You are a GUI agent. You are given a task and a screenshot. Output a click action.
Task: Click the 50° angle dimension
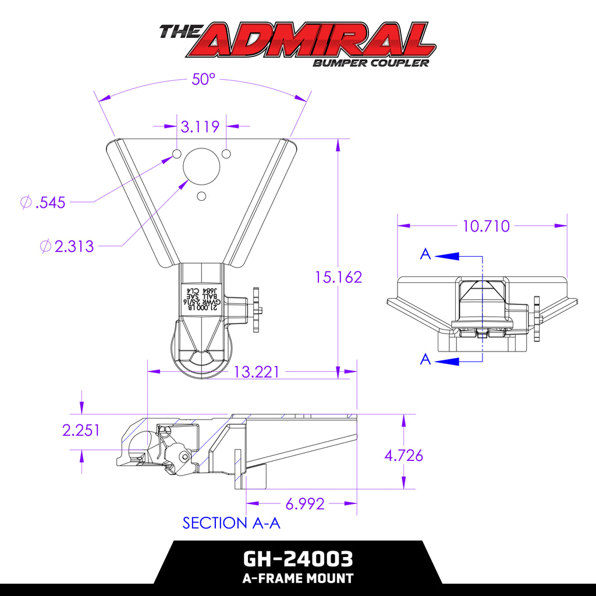pos(204,80)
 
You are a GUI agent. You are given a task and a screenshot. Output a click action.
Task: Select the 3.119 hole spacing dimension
pos(200,126)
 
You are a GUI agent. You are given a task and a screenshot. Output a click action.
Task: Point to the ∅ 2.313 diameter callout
pos(67,246)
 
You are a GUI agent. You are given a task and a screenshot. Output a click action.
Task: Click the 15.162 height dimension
pos(338,277)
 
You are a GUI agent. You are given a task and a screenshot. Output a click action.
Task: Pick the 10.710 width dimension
pos(486,226)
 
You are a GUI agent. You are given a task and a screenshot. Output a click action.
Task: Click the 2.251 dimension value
pos(81,430)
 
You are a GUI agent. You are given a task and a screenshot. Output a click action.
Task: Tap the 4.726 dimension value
pos(403,455)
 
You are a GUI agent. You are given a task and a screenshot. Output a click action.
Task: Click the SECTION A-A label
pos(232,523)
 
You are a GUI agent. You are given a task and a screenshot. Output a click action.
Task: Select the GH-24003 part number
pos(297,559)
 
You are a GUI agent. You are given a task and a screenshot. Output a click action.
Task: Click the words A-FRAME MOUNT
pos(297,579)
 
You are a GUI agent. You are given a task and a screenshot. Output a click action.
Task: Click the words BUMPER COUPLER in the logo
pos(370,63)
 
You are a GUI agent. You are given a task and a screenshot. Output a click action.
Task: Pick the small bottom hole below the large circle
pos(201,196)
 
